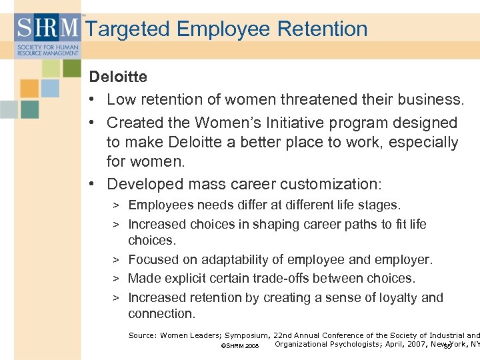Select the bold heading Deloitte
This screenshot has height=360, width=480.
pyautogui.click(x=118, y=77)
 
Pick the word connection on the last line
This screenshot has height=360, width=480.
pyautogui.click(x=161, y=313)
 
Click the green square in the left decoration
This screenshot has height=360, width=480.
pyautogui.click(x=71, y=67)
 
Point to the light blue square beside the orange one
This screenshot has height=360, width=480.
pyautogui.click(x=50, y=88)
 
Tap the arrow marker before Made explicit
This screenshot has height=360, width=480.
pyautogui.click(x=115, y=279)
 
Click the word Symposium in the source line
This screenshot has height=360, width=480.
pyautogui.click(x=247, y=335)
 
